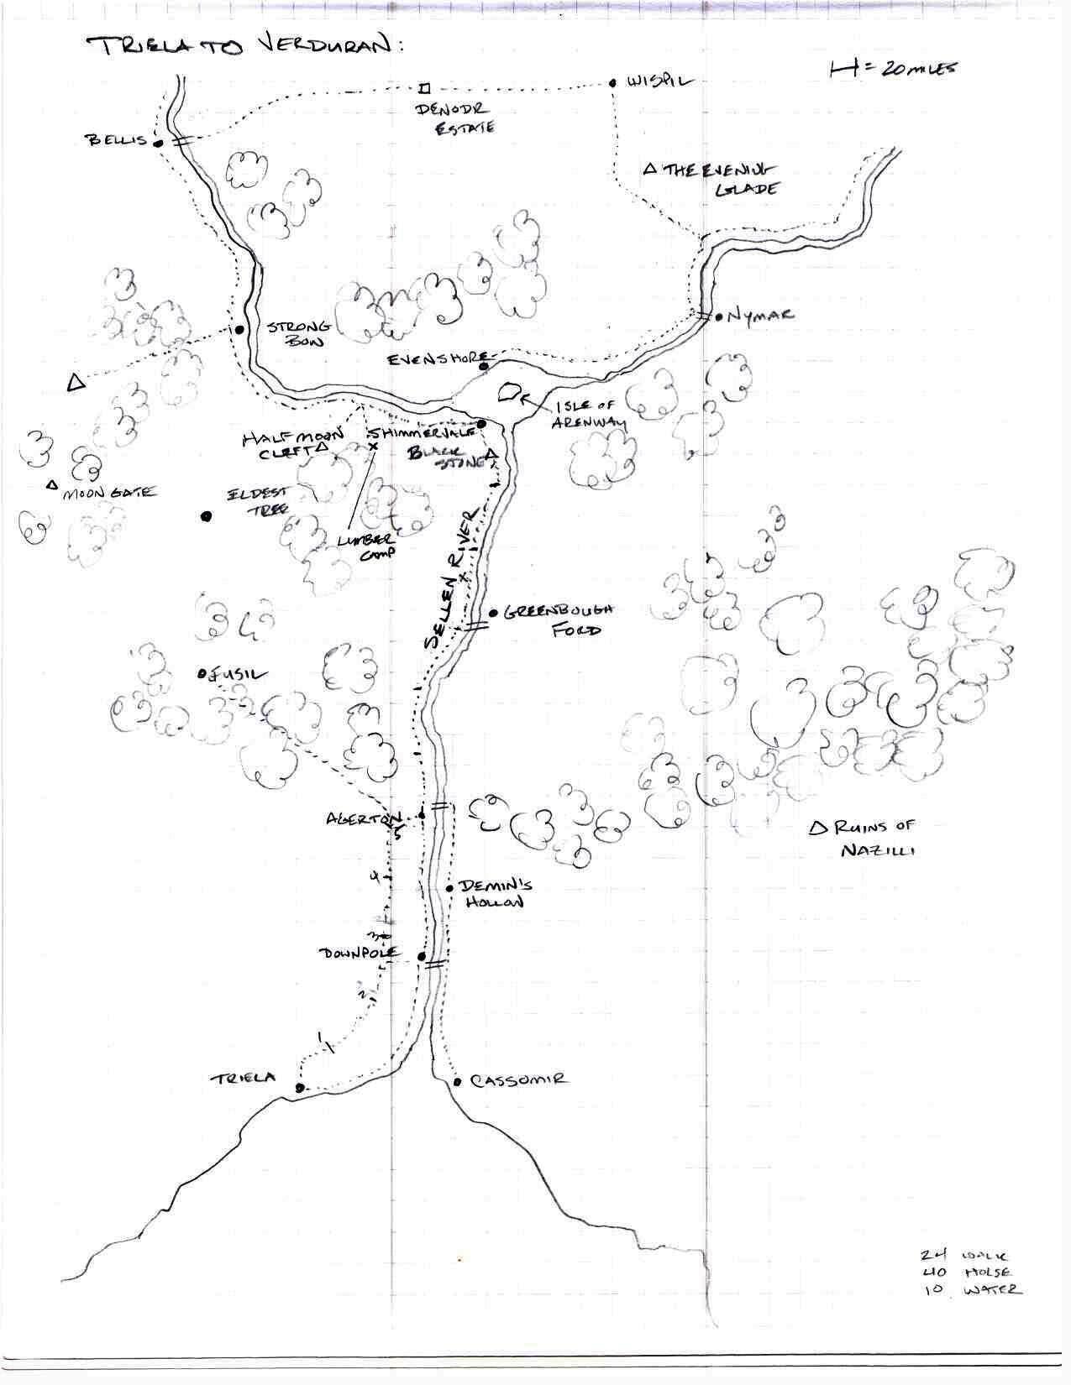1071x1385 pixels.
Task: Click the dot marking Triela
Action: (x=300, y=1088)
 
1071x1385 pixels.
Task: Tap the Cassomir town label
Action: (x=517, y=1080)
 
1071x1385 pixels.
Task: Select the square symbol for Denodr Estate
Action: (x=425, y=88)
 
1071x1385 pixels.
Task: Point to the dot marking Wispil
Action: (x=613, y=83)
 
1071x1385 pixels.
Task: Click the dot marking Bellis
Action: (x=156, y=142)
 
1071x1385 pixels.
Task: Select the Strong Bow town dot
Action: (x=239, y=330)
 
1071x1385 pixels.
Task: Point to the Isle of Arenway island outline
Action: (x=510, y=391)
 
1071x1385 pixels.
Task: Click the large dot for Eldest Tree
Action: (x=206, y=516)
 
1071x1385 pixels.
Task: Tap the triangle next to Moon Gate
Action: (x=52, y=484)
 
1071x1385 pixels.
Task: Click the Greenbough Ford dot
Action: (x=493, y=613)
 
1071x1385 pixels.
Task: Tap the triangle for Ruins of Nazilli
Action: (x=816, y=828)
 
